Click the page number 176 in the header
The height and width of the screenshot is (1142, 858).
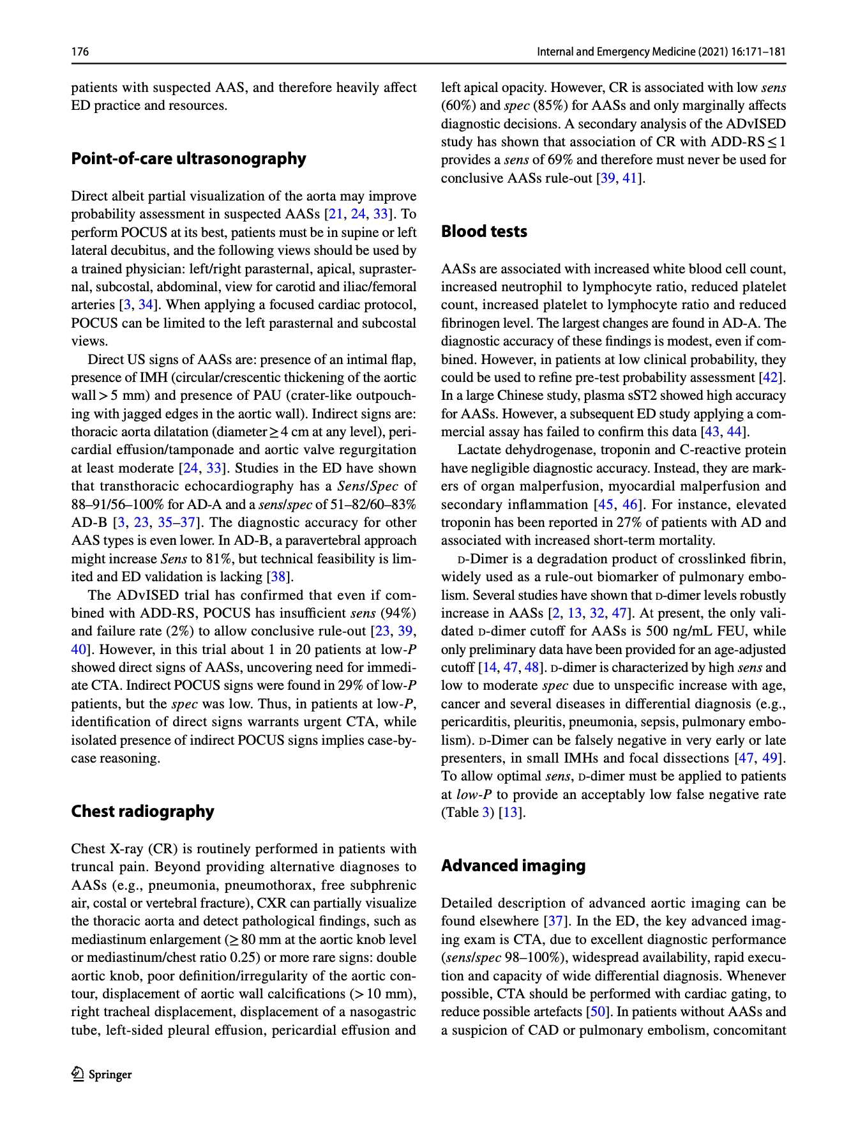(x=80, y=52)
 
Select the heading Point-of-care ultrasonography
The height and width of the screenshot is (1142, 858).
(x=188, y=159)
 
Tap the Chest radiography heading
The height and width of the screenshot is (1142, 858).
(x=142, y=812)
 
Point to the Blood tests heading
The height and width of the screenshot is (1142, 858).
(x=484, y=232)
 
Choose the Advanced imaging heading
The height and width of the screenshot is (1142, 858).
(x=513, y=866)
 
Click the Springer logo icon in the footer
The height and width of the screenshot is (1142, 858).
(x=77, y=1074)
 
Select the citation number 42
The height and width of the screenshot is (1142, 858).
(x=771, y=377)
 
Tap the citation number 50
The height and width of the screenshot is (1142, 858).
(x=596, y=1012)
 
